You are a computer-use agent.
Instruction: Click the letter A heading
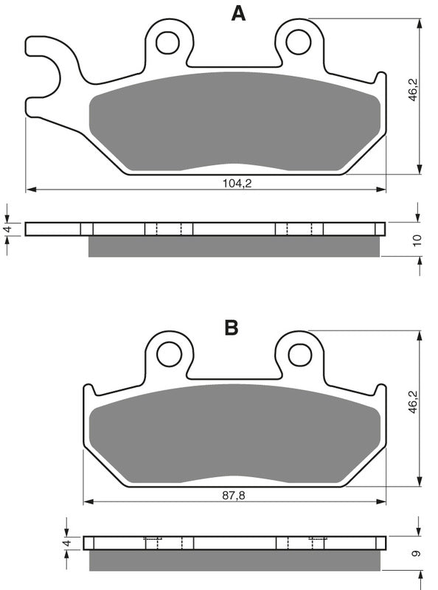(237, 13)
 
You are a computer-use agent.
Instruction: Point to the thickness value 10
(417, 239)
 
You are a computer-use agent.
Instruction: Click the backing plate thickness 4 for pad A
(8, 229)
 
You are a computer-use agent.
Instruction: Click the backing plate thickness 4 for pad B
(67, 544)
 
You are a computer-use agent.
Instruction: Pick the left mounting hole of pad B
(170, 353)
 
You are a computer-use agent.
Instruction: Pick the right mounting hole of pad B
(299, 353)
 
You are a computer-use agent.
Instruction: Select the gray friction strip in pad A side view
(234, 246)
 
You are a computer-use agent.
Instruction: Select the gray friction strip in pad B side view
(234, 560)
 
